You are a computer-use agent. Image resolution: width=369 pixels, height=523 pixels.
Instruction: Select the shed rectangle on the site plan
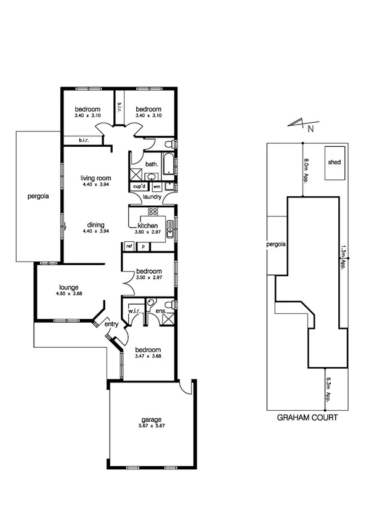pyautogui.click(x=335, y=163)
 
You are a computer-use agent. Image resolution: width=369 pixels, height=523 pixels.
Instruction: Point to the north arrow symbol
pyautogui.click(x=301, y=125)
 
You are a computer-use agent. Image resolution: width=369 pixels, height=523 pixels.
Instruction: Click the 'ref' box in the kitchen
pyautogui.click(x=129, y=246)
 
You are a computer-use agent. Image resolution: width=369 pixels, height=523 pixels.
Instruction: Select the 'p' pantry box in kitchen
pyautogui.click(x=143, y=246)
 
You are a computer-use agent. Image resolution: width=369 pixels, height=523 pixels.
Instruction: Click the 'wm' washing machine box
pyautogui.click(x=156, y=186)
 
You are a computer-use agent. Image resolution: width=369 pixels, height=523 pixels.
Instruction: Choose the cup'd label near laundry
pyautogui.click(x=138, y=186)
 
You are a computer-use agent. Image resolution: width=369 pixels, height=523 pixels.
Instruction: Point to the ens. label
pyautogui.click(x=160, y=310)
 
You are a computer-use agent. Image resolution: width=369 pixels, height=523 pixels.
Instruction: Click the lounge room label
pyautogui.click(x=68, y=287)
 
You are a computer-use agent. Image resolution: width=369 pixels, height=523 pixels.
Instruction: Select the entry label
pyautogui.click(x=112, y=324)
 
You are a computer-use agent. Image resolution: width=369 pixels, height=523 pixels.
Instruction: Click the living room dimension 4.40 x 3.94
pyautogui.click(x=94, y=184)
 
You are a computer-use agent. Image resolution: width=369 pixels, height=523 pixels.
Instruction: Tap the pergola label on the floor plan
pyautogui.click(x=38, y=197)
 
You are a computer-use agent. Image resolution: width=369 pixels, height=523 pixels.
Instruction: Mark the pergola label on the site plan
pyautogui.click(x=277, y=244)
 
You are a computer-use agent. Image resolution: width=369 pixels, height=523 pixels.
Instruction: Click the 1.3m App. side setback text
pyautogui.click(x=342, y=256)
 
